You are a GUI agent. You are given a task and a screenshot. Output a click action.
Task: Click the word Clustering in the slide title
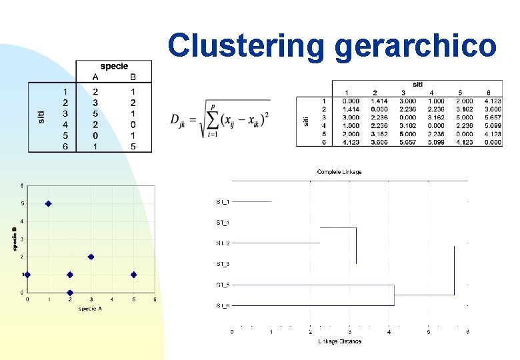pos(247,46)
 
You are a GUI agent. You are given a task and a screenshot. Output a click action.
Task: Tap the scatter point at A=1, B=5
pos(48,203)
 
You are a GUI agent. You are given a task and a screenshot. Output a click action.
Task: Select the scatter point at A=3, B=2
pos(91,257)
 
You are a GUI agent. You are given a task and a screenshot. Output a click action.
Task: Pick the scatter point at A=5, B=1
pos(133,275)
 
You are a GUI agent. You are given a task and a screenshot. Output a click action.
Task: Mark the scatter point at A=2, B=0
pos(69,293)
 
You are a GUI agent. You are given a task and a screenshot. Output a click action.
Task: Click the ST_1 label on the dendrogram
pos(223,201)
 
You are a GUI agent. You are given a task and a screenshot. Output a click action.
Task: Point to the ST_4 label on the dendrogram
pos(223,222)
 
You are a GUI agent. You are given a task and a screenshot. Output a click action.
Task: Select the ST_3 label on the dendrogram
pos(223,264)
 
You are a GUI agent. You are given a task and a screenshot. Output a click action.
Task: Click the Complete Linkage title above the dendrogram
pos(339,172)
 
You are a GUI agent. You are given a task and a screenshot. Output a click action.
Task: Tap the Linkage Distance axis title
pos(339,341)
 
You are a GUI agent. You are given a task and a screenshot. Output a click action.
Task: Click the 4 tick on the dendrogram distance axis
pos(389,331)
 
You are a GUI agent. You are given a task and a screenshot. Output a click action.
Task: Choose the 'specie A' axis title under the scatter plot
pos(91,308)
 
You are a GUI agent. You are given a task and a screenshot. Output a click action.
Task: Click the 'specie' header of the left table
pos(114,66)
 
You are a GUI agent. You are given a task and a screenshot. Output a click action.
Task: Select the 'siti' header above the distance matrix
pos(417,85)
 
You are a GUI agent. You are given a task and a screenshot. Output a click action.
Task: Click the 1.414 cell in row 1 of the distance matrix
pos(375,101)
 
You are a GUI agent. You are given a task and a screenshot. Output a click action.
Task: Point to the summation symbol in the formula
pos(213,119)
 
